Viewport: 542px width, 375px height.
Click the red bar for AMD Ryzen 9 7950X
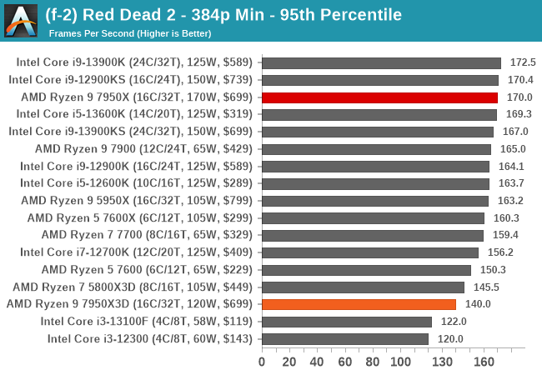[379, 97]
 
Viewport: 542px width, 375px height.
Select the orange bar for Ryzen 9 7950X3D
[359, 304]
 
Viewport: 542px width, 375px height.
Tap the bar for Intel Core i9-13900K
[381, 62]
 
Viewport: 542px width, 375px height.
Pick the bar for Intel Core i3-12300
[344, 338]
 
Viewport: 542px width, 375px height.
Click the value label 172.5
[522, 62]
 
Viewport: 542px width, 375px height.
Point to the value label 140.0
[478, 304]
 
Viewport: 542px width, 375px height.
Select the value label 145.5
[485, 287]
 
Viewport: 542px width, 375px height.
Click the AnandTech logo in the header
[21, 21]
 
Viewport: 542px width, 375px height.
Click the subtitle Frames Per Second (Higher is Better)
[130, 33]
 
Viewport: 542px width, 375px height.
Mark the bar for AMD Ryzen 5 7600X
[373, 217]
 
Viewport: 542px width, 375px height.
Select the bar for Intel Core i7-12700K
[370, 252]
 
